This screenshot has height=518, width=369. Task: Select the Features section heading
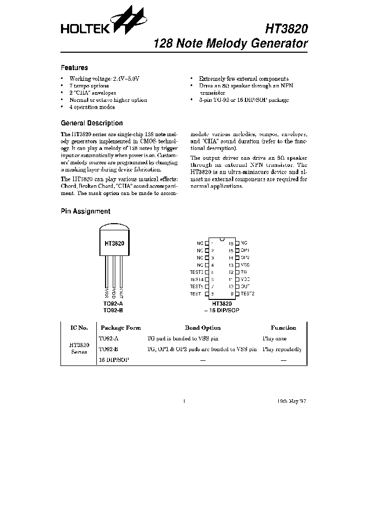click(x=74, y=68)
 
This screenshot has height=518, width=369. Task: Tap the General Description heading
click(x=92, y=123)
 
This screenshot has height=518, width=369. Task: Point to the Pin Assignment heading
click(x=86, y=211)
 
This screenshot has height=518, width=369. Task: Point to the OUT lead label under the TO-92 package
click(x=121, y=292)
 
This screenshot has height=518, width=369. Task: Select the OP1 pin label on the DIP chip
click(x=244, y=251)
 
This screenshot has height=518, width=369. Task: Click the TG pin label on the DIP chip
click(x=243, y=272)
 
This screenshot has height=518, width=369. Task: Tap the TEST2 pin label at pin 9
click(x=247, y=294)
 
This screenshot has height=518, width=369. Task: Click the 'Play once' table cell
click(x=274, y=338)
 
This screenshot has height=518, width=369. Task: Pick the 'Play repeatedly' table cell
click(x=282, y=350)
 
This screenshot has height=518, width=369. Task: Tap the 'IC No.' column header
click(x=79, y=328)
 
